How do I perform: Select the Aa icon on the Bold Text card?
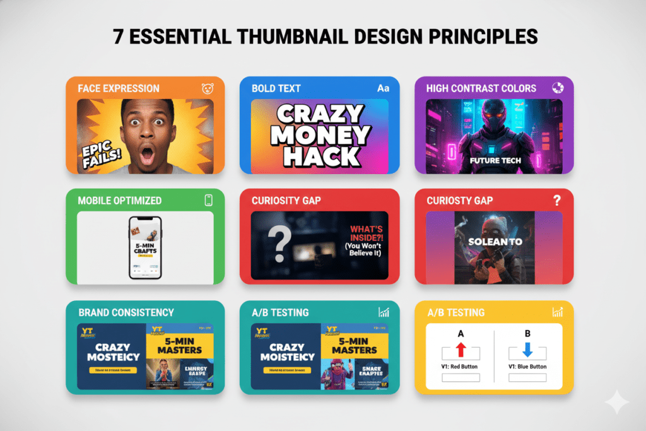click(x=383, y=88)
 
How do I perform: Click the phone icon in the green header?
click(x=208, y=200)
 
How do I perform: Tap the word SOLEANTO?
click(x=494, y=242)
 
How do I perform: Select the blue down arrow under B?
click(x=527, y=348)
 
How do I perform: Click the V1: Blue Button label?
click(x=527, y=367)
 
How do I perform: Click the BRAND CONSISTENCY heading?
click(x=126, y=312)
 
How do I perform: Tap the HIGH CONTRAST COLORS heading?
click(x=481, y=88)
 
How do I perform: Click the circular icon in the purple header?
click(x=558, y=88)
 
